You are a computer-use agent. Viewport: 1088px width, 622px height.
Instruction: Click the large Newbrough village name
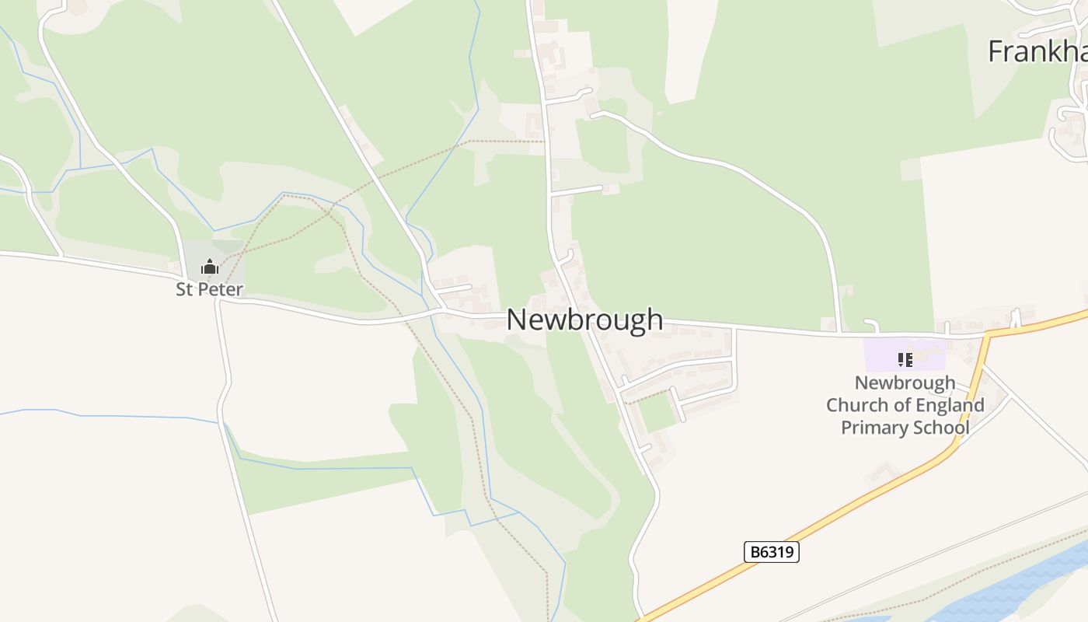(x=584, y=320)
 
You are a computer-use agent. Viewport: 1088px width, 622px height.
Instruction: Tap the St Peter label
(x=209, y=290)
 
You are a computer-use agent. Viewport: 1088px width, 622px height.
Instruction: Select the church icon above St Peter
(x=209, y=267)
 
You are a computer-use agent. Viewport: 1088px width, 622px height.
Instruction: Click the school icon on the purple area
(x=905, y=359)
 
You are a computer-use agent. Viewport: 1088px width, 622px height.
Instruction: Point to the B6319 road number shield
(x=771, y=552)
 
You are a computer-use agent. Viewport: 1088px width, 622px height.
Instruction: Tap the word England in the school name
(x=950, y=405)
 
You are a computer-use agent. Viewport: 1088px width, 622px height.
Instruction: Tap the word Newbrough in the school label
(x=905, y=383)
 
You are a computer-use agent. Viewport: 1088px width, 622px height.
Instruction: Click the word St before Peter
(x=184, y=290)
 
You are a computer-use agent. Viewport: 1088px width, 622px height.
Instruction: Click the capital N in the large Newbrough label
(x=516, y=320)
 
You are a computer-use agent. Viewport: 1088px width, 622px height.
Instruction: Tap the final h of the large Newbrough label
(x=654, y=320)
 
